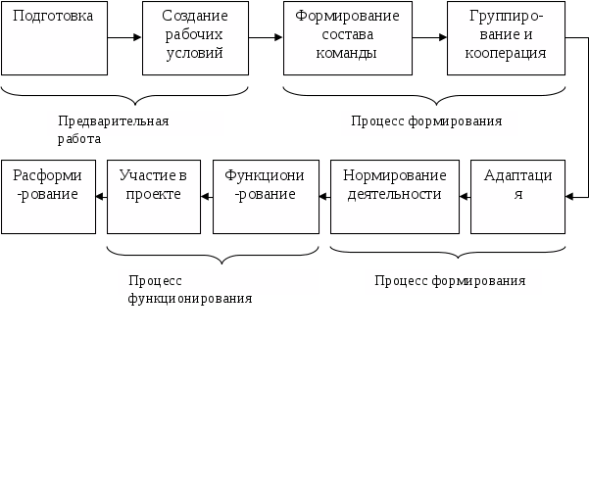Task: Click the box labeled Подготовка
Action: [x=54, y=38]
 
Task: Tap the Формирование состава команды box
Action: [x=347, y=38]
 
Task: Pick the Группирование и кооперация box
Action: [x=507, y=38]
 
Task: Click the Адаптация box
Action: [x=517, y=196]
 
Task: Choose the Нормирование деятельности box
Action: [x=394, y=196]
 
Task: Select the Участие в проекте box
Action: [x=153, y=196]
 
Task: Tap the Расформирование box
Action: [x=48, y=196]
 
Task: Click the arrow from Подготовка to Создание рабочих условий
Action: [x=124, y=38]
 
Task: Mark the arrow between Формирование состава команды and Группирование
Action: [x=428, y=38]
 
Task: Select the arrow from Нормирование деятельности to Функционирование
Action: [x=324, y=196]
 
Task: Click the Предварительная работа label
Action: [x=135, y=123]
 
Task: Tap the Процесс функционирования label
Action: [x=218, y=283]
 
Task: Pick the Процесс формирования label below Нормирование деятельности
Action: [x=453, y=282]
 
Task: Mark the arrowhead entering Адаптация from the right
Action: [x=570, y=196]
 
